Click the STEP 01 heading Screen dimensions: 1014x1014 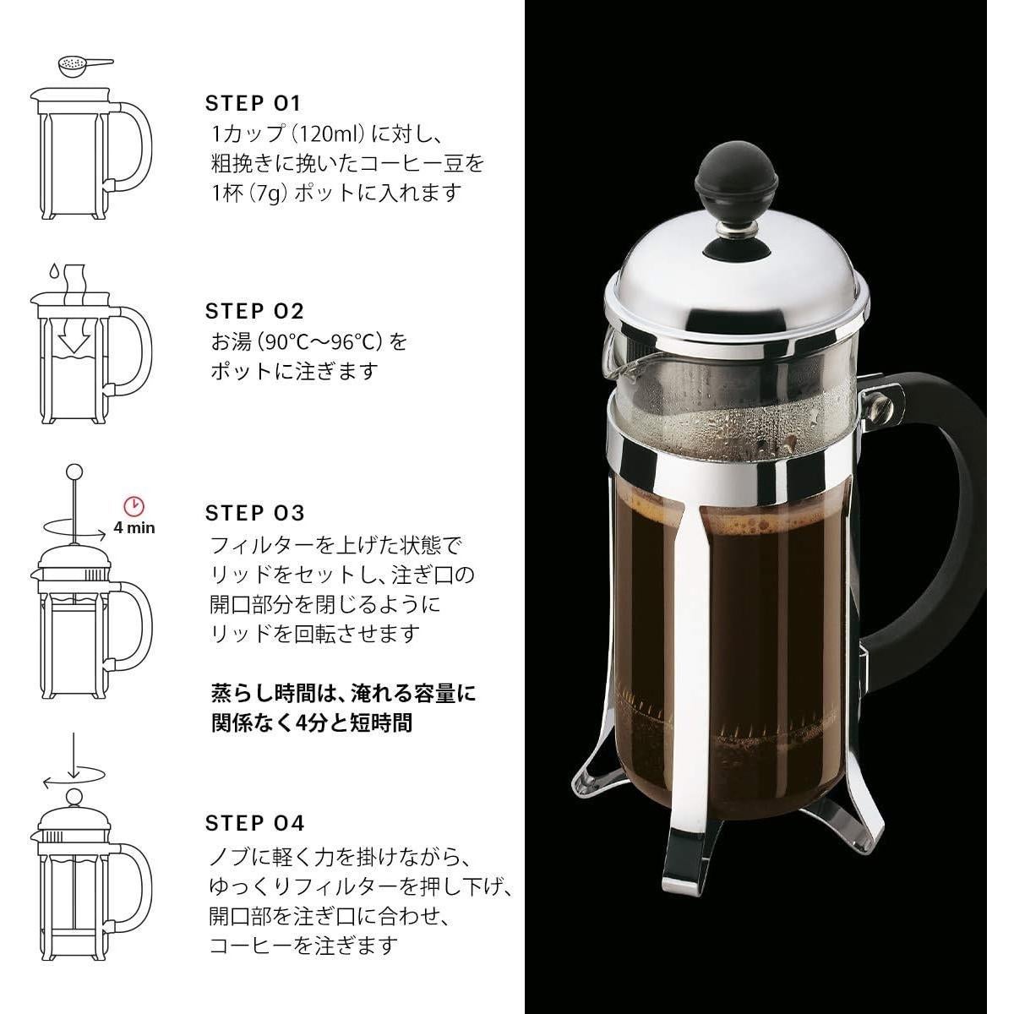click(x=253, y=104)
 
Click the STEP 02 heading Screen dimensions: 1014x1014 click(x=254, y=311)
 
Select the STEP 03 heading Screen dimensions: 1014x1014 click(x=254, y=513)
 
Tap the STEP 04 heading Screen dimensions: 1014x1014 click(x=254, y=823)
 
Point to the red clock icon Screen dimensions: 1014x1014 click(x=134, y=506)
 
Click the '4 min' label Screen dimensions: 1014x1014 click(x=134, y=528)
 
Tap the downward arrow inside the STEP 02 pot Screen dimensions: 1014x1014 click(x=74, y=339)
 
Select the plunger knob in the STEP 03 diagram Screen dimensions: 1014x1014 click(x=74, y=472)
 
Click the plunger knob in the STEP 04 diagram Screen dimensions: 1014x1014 click(x=74, y=796)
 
